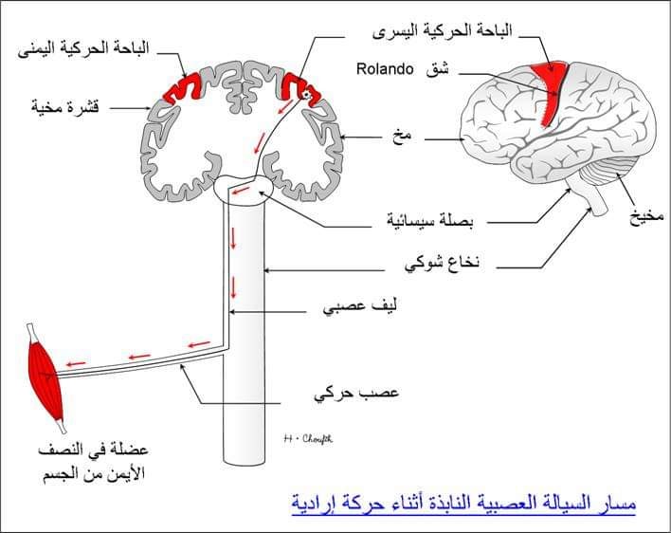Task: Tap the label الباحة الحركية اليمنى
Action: pyautogui.click(x=83, y=49)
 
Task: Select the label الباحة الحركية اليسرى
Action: pyautogui.click(x=442, y=31)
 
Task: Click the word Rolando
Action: pyautogui.click(x=385, y=69)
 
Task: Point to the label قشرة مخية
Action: pyautogui.click(x=65, y=106)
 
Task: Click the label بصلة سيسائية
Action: pyautogui.click(x=430, y=220)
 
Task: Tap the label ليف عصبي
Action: pyautogui.click(x=360, y=307)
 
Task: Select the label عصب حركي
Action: pyautogui.click(x=356, y=393)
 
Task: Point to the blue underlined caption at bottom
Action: pyautogui.click(x=463, y=504)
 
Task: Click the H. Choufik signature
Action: pyautogui.click(x=308, y=438)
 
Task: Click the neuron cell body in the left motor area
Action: pyautogui.click(x=305, y=95)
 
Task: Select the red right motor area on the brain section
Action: pyautogui.click(x=183, y=88)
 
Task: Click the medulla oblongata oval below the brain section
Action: pyautogui.click(x=244, y=190)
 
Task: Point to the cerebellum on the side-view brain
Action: pyautogui.click(x=608, y=172)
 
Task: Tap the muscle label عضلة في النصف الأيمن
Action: pyautogui.click(x=93, y=462)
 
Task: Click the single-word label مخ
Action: pyautogui.click(x=402, y=137)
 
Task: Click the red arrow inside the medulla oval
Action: pyautogui.click(x=241, y=190)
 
